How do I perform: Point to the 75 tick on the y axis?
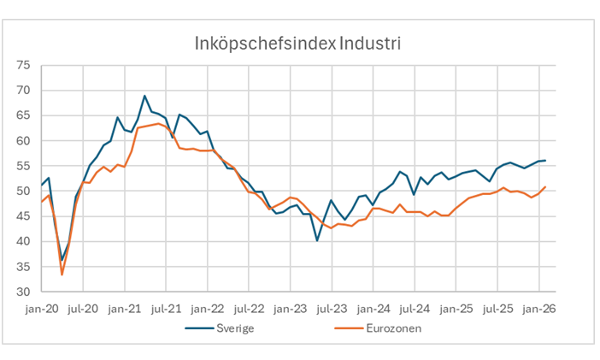(23, 65)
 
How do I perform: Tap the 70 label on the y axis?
(23, 90)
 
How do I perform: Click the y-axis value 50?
(23, 192)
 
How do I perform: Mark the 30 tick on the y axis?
(23, 292)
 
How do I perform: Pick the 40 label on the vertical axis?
(23, 242)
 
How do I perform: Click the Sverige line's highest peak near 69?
(144, 96)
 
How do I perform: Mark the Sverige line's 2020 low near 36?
(62, 260)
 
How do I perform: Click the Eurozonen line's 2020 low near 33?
(62, 274)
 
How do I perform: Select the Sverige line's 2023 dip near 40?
(317, 240)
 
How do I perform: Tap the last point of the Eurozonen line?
(545, 186)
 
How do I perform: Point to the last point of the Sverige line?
(545, 160)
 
